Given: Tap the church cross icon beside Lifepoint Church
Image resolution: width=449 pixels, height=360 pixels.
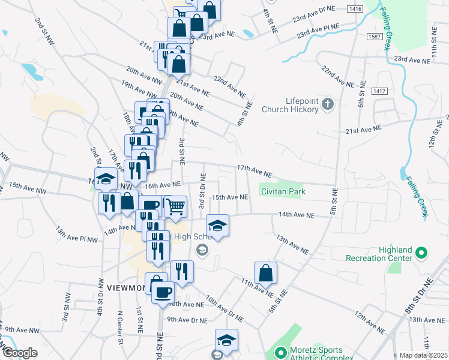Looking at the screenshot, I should pyautogui.click(x=327, y=105).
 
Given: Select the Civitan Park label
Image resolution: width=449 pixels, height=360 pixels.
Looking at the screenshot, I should pyautogui.click(x=283, y=191).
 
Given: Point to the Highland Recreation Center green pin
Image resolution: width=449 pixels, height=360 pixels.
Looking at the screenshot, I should pyautogui.click(x=421, y=253).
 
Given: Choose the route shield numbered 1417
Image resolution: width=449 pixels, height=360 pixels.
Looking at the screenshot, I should pyautogui.click(x=379, y=91).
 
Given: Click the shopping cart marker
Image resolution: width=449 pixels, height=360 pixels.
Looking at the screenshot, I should pyautogui.click(x=175, y=206).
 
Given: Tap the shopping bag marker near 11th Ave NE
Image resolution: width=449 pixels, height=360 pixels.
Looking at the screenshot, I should pyautogui.click(x=265, y=273).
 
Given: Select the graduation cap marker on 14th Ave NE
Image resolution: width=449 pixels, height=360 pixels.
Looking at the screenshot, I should pyautogui.click(x=217, y=226).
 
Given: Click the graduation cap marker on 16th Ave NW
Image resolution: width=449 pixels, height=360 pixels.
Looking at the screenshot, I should pyautogui.click(x=106, y=179).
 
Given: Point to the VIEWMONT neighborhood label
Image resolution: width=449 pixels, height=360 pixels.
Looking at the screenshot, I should pyautogui.click(x=126, y=288).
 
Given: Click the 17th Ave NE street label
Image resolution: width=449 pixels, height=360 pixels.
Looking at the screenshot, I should pyautogui.click(x=254, y=171).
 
